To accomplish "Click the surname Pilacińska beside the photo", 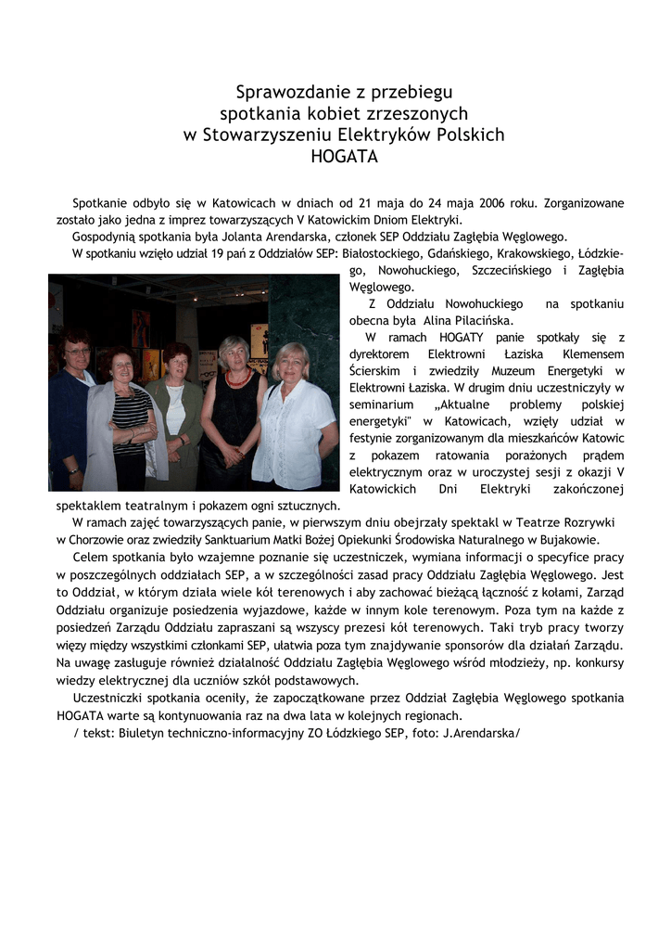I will (x=475, y=321).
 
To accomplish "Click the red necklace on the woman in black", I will (x=237, y=378).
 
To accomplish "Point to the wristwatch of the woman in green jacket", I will (x=184, y=437).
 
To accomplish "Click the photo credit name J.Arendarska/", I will (x=481, y=732).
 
